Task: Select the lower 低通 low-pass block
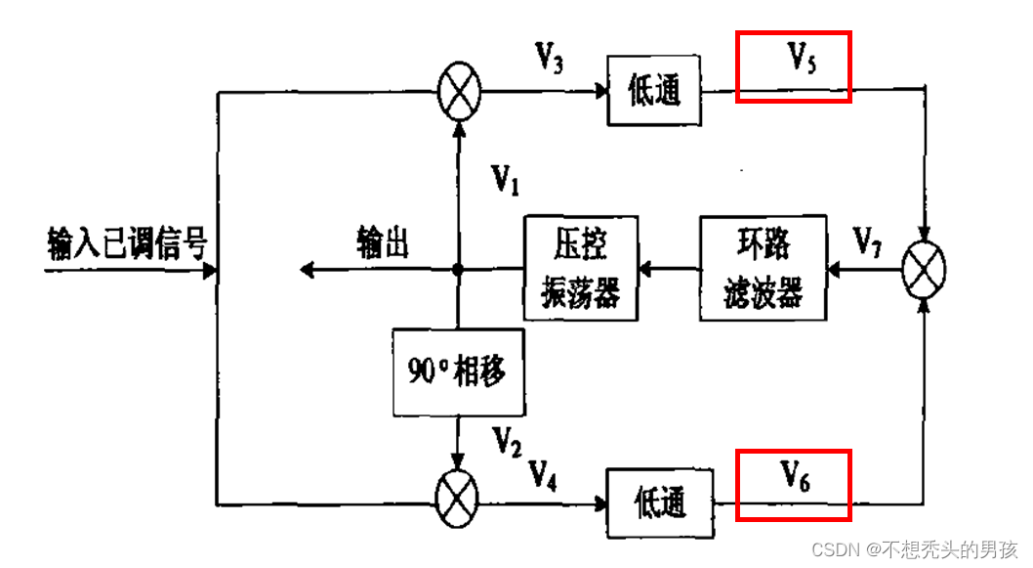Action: point(659,502)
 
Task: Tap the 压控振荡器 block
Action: point(581,267)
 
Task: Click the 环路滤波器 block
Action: point(764,267)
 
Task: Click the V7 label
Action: point(869,240)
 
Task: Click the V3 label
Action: point(549,58)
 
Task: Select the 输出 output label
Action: point(383,240)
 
